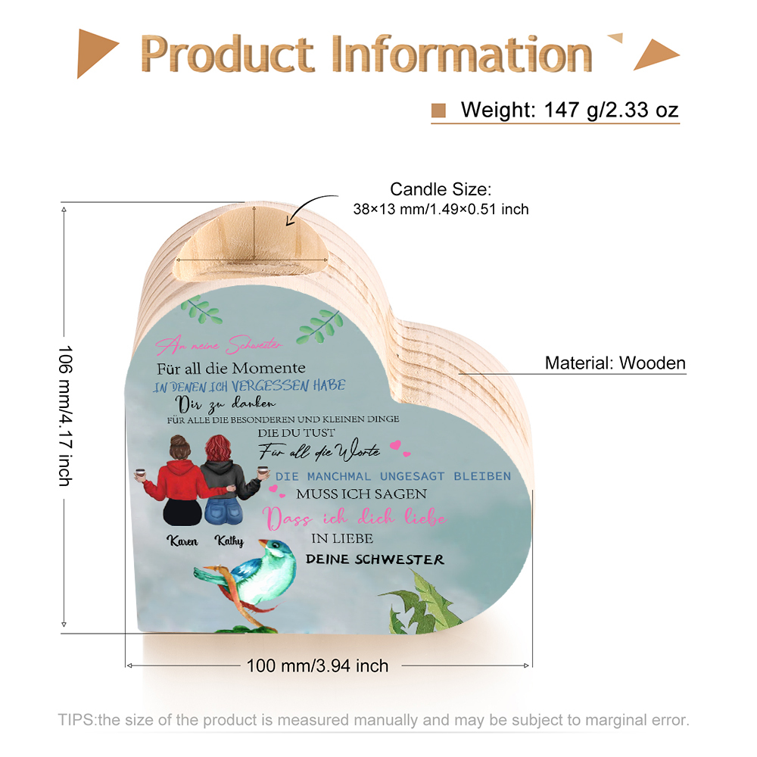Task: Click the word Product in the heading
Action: pyautogui.click(x=227, y=54)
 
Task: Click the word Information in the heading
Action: pyautogui.click(x=462, y=54)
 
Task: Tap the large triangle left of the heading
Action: pyautogui.click(x=97, y=53)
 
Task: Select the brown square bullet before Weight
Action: pyautogui.click(x=438, y=111)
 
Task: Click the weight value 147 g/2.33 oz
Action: pyautogui.click(x=611, y=110)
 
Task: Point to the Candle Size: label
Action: pyautogui.click(x=441, y=189)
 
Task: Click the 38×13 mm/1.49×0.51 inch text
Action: pyautogui.click(x=441, y=209)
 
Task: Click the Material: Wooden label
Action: pyautogui.click(x=615, y=363)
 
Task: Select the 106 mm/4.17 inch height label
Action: pyautogui.click(x=65, y=416)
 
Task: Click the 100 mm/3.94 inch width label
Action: pyautogui.click(x=317, y=665)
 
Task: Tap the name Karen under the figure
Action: pyautogui.click(x=182, y=540)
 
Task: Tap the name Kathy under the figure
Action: pyautogui.click(x=229, y=540)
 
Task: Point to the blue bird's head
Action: pyautogui.click(x=276, y=550)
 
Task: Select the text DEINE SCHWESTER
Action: pyautogui.click(x=375, y=559)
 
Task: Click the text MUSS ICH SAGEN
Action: pyautogui.click(x=361, y=494)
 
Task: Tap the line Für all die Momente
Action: pyautogui.click(x=231, y=369)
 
